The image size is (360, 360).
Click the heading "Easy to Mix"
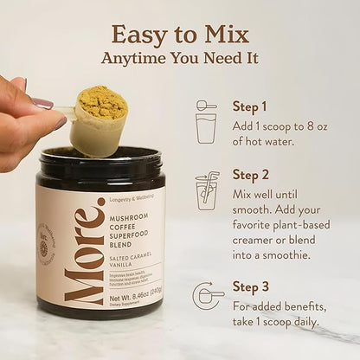tap(180, 35)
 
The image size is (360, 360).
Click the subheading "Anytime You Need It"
tap(180, 59)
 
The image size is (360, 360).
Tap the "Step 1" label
tap(249, 107)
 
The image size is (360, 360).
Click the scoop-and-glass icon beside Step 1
tap(206, 122)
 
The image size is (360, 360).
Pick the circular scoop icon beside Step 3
tap(207, 295)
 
